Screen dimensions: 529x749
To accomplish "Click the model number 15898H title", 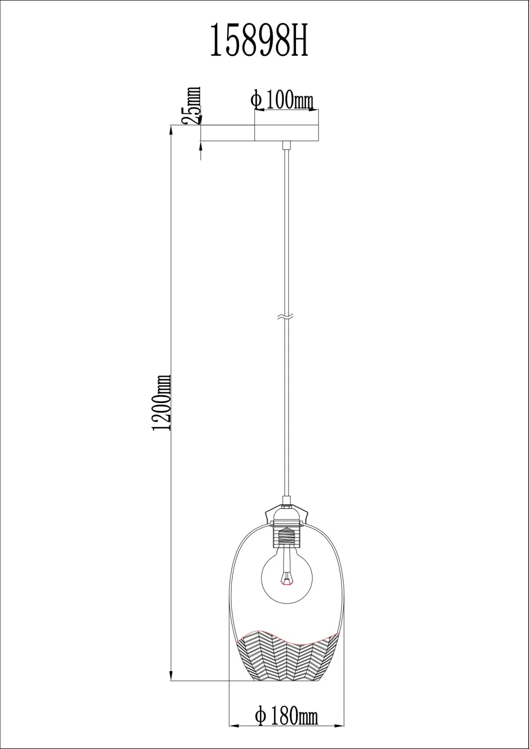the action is pos(259,41).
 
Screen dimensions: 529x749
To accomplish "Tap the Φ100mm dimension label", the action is pos(283,100).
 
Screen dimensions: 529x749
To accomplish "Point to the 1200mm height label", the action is pos(162,403).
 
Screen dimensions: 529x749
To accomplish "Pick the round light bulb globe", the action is pos(287,578).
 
